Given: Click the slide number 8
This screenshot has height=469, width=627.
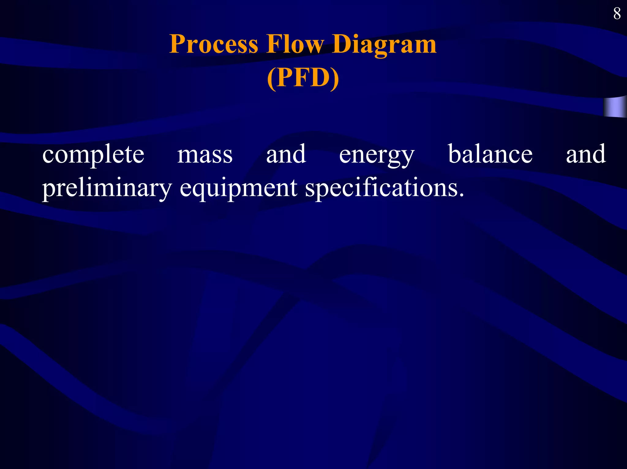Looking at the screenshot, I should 617,14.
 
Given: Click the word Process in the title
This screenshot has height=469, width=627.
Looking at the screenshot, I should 214,44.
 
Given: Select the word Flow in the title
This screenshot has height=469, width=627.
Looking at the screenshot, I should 295,44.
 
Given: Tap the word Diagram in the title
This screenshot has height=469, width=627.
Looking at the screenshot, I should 384,44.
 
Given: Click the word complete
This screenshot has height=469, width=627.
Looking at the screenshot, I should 93,155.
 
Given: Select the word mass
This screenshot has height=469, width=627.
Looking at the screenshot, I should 205,155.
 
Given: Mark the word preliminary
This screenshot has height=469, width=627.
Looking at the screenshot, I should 107,188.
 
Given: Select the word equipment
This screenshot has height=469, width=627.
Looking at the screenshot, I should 238,188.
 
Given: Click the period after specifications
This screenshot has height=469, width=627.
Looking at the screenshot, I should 461,194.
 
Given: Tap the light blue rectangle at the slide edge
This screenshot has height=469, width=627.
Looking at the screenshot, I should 615,107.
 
